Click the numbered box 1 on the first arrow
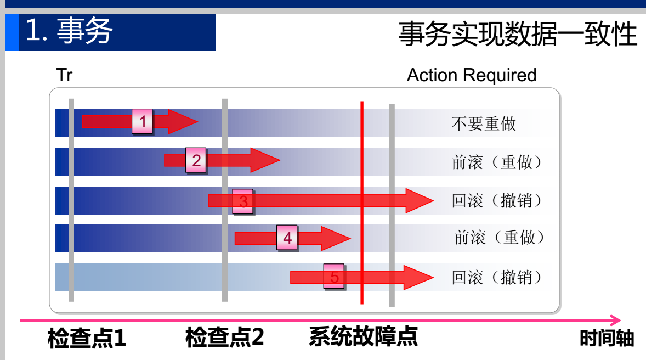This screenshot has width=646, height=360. click(x=143, y=121)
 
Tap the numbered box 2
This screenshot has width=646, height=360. click(x=196, y=160)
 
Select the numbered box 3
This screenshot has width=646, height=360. click(x=243, y=201)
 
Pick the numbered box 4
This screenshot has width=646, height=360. click(x=287, y=238)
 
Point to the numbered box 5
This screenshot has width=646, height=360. click(x=334, y=277)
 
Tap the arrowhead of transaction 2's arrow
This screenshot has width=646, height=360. click(x=265, y=160)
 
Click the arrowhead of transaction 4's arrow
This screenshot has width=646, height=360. click(x=336, y=238)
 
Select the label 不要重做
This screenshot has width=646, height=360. click(x=484, y=123)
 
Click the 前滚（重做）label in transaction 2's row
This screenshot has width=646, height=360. click(x=497, y=162)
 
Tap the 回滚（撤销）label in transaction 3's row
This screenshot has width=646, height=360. click(x=497, y=200)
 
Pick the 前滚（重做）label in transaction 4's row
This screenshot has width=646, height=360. click(x=500, y=238)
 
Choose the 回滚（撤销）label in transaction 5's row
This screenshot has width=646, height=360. click(x=497, y=277)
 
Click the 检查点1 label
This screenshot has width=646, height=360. click(x=87, y=338)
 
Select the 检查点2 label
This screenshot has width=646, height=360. click(x=224, y=337)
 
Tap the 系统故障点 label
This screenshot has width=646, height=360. click(x=363, y=336)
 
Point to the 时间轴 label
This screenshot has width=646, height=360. click(x=607, y=338)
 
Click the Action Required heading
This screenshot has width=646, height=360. click(x=472, y=75)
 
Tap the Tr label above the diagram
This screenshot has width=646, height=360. click(x=64, y=75)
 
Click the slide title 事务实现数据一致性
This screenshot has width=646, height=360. click(x=518, y=34)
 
